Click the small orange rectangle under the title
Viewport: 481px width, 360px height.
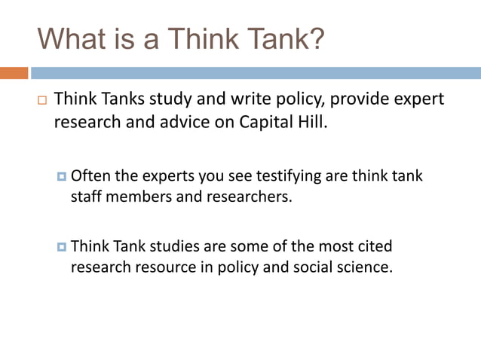coord(14,74)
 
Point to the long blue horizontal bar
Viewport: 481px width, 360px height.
coord(256,74)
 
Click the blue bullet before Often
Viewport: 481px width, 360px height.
coord(62,176)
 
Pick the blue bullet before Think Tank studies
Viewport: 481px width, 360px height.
coord(62,246)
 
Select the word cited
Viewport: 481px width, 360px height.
coord(375,246)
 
